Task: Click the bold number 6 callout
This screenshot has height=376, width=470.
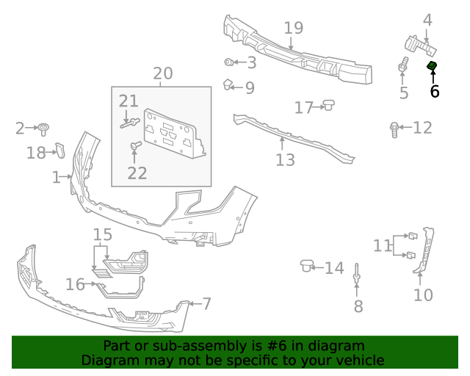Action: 434,91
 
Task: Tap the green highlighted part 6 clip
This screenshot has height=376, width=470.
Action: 433,68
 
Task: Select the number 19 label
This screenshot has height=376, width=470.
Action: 293,29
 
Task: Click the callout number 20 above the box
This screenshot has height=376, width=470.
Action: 162,73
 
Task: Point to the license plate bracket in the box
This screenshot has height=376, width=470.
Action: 173,133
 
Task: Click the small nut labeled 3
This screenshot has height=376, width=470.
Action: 229,62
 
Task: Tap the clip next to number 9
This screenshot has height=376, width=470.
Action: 228,84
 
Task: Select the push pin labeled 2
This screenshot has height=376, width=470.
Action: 45,129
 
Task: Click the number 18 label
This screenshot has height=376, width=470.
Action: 36,152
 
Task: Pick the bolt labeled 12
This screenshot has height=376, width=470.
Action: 395,129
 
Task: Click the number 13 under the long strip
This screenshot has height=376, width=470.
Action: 285,159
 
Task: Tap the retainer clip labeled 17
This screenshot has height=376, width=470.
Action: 329,106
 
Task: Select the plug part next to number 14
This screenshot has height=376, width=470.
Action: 307,265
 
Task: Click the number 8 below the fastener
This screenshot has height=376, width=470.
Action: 358,306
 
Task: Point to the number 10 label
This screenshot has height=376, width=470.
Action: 423,294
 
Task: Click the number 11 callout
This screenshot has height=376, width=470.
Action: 383,245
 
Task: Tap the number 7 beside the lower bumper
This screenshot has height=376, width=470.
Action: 206,303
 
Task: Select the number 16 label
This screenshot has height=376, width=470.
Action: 75,284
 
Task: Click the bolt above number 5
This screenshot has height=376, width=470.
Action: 402,65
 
